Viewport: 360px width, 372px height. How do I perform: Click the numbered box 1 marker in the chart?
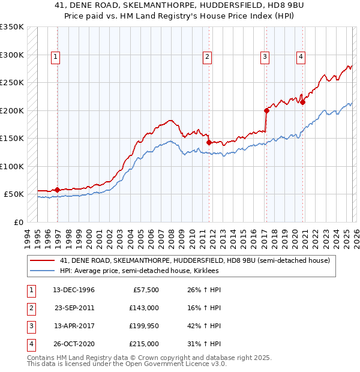[x=55, y=57]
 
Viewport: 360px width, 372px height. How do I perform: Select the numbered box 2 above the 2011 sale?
[x=206, y=57]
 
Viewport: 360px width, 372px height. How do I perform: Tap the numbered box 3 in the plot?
[x=265, y=57]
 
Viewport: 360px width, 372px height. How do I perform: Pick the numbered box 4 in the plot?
[x=301, y=57]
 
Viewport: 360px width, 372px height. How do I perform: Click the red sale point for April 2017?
[x=266, y=110]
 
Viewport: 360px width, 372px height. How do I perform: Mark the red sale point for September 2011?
[x=209, y=142]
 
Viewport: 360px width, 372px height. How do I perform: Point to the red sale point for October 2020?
[x=303, y=102]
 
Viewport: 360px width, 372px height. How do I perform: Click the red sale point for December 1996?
[x=58, y=190]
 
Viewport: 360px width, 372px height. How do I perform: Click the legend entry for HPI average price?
[x=139, y=271]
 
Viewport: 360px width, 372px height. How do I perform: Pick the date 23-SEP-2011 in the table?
[x=75, y=308]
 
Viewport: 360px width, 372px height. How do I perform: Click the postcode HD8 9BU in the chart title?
[x=271, y=7]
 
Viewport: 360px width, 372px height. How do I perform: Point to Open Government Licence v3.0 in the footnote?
[x=181, y=364]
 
